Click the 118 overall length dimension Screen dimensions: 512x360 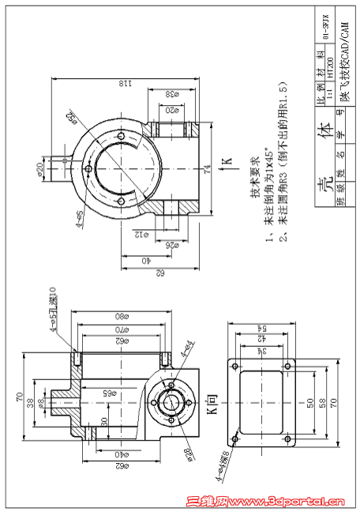(126, 81)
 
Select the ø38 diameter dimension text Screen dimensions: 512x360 (171, 94)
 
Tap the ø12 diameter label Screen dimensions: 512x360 (137, 235)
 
